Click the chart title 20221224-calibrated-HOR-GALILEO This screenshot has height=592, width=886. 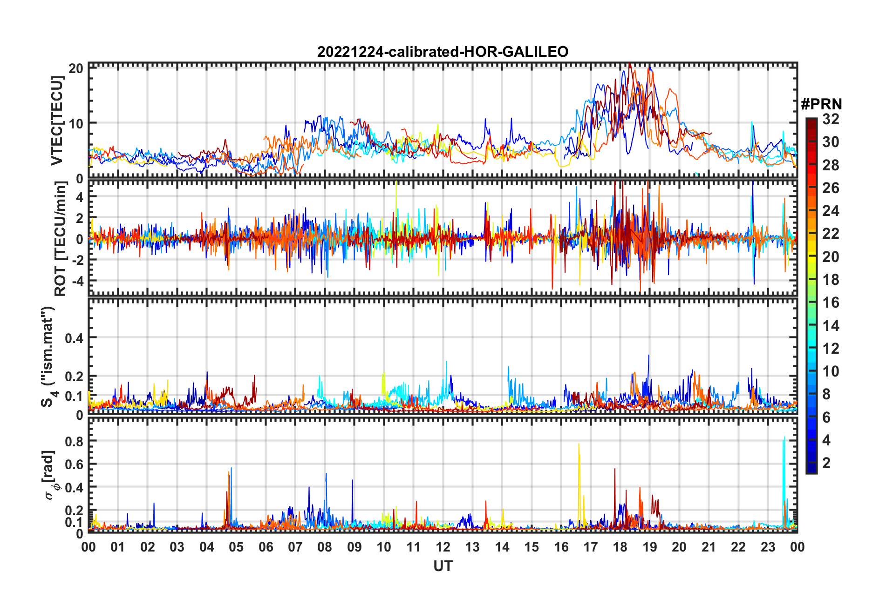click(443, 52)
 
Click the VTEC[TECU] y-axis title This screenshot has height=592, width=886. click(57, 121)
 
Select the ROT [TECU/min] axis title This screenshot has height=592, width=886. click(61, 239)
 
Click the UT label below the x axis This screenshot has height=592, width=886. click(443, 566)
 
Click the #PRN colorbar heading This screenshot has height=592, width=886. click(821, 104)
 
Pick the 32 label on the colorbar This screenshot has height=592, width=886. click(831, 119)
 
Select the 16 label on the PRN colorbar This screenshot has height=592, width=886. click(831, 303)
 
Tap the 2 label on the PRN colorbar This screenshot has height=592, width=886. click(826, 463)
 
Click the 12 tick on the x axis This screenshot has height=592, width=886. click(443, 547)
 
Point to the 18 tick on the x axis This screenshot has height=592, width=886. click(620, 547)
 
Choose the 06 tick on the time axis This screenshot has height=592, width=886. click(266, 547)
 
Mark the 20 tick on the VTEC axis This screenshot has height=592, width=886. click(76, 68)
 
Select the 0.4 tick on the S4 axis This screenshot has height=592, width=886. click(74, 338)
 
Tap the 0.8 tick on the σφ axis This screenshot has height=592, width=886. click(74, 441)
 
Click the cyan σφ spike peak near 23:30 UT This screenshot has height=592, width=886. click(784, 437)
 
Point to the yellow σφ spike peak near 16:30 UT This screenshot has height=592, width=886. click(579, 444)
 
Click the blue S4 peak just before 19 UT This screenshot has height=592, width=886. click(648, 356)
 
